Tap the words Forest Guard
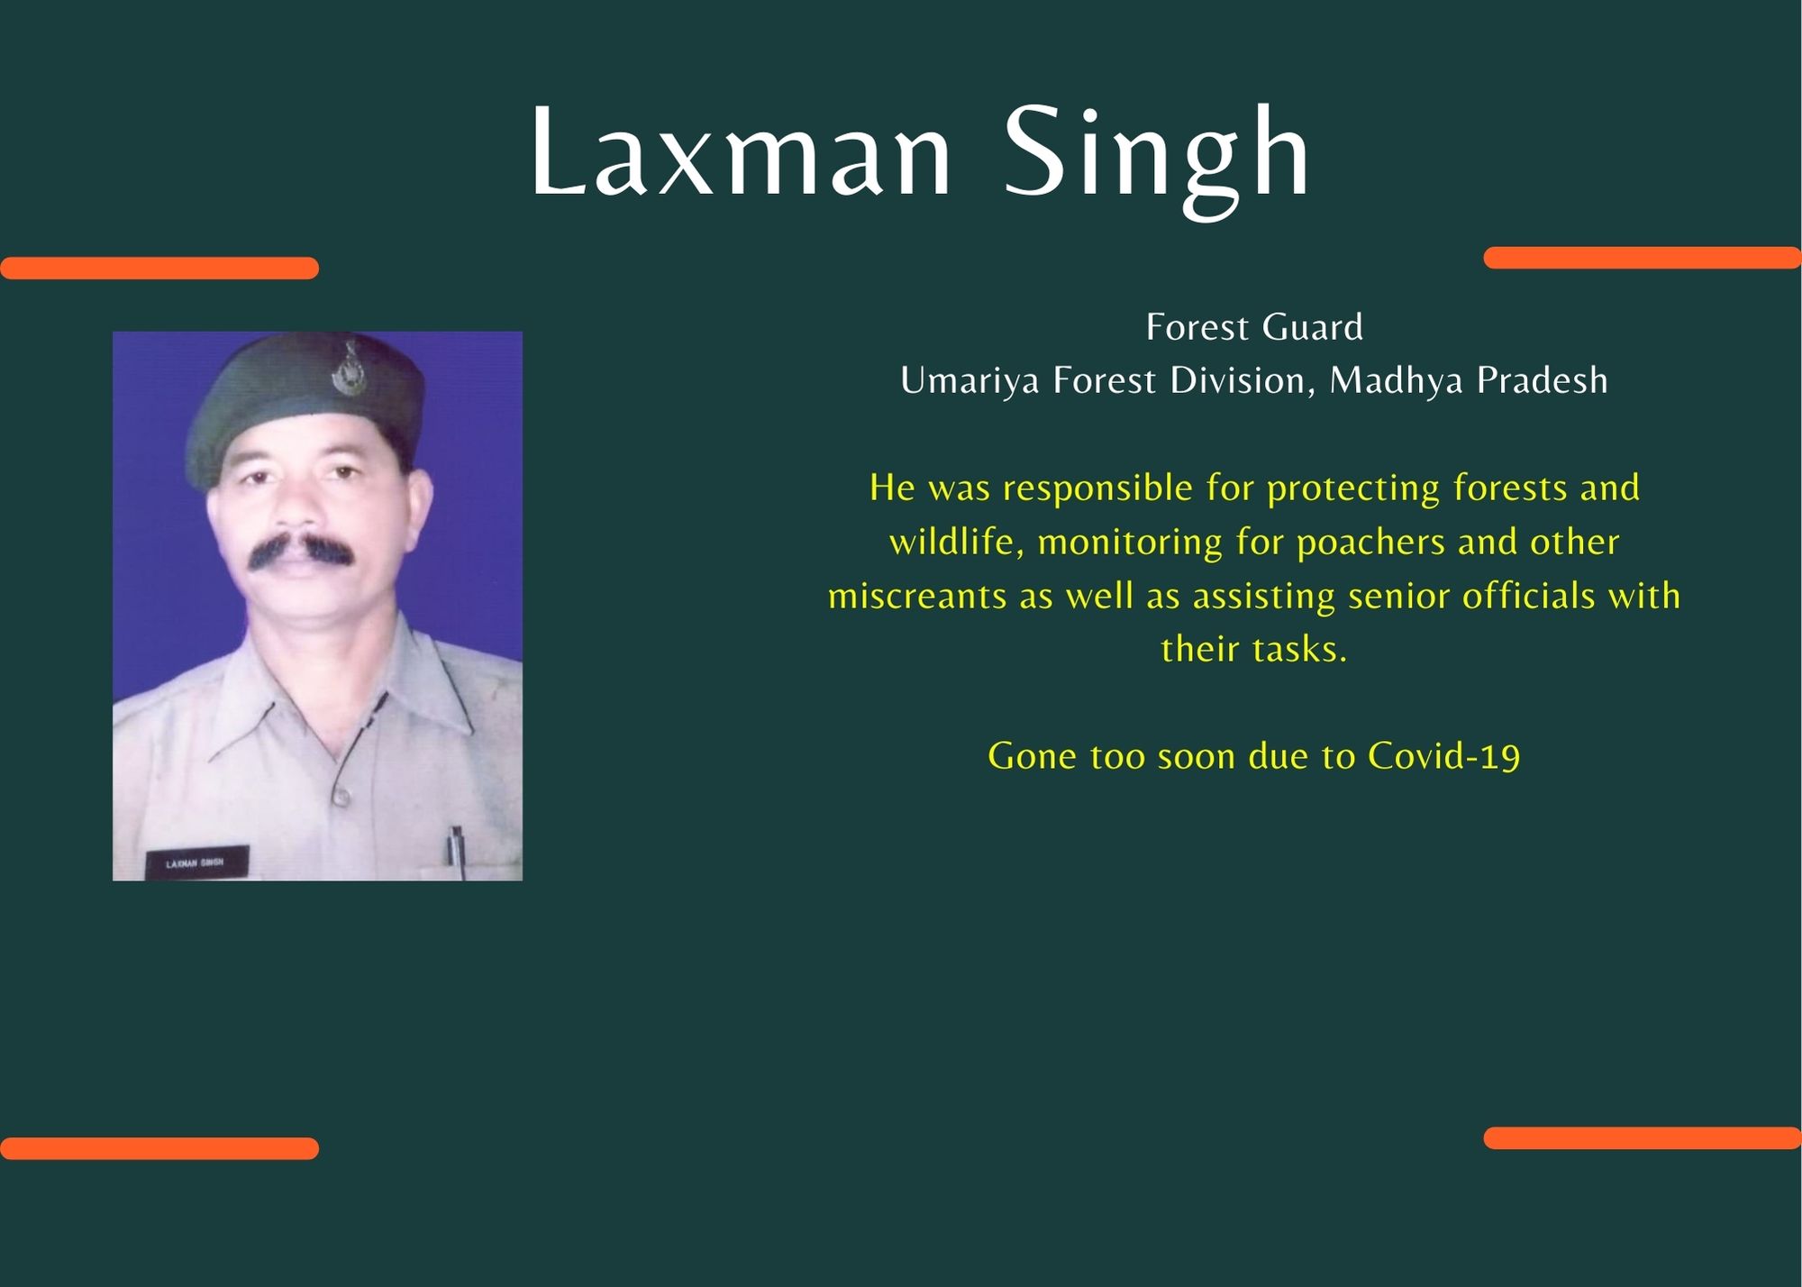(1254, 327)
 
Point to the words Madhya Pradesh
(1469, 381)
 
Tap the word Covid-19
(1443, 756)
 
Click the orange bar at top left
(159, 268)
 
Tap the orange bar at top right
(1643, 258)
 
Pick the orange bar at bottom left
(159, 1148)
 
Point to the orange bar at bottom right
(1643, 1138)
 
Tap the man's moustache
(299, 549)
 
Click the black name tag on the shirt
(196, 863)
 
